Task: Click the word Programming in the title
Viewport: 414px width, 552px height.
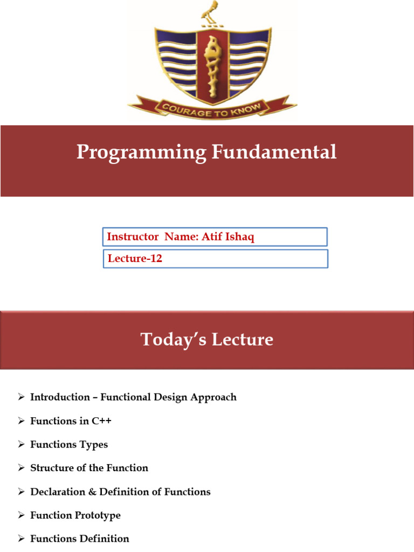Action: pos(141,152)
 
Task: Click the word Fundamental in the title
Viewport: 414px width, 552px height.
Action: pos(274,152)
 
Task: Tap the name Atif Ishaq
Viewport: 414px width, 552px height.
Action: pos(227,237)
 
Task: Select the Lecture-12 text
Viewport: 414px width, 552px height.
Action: pos(135,259)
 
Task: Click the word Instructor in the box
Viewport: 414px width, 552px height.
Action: pos(133,237)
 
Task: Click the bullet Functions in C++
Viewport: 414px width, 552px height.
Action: pos(71,421)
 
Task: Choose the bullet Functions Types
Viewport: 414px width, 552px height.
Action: pos(69,445)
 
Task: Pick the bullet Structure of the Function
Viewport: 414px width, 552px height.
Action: pos(89,468)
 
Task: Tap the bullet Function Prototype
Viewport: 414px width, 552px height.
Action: pos(75,515)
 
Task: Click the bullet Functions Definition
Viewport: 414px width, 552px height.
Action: pos(80,539)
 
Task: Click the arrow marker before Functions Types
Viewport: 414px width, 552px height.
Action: pos(21,445)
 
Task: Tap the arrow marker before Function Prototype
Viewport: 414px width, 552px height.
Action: pos(21,515)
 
